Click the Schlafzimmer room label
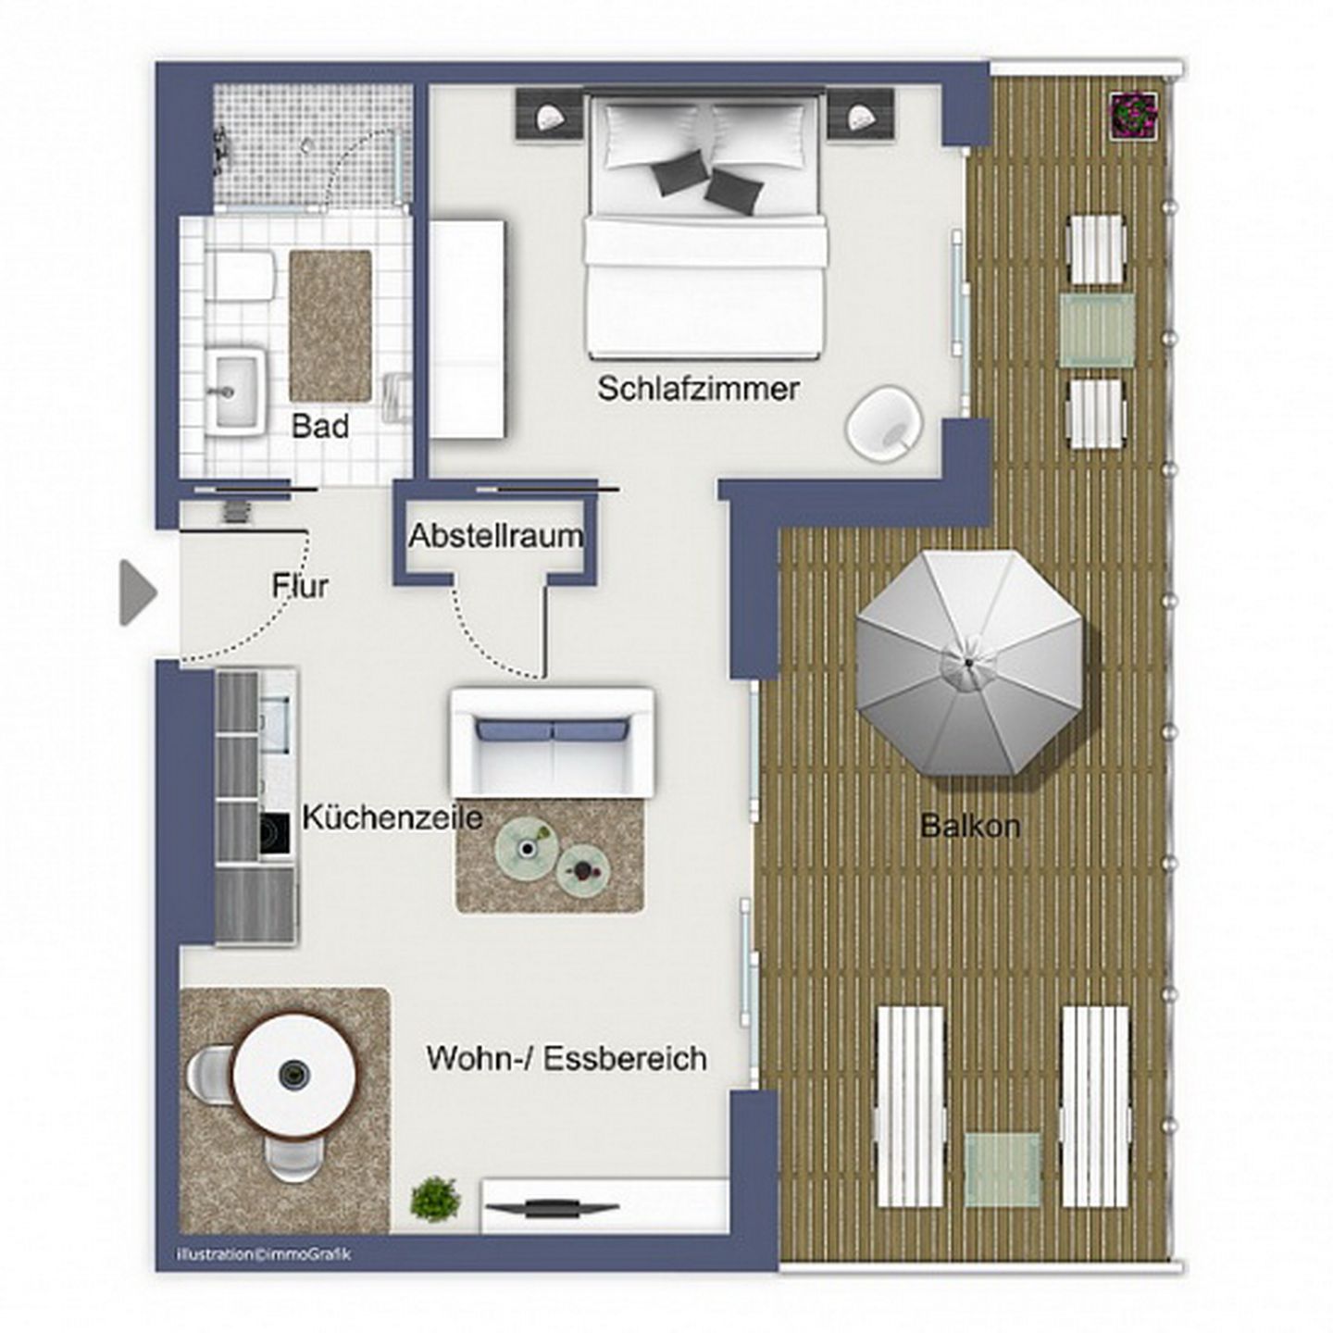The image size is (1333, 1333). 697,389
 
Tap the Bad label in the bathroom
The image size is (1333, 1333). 320,427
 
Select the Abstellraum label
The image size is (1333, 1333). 496,536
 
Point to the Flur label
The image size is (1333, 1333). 300,586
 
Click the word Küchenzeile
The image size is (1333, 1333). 392,818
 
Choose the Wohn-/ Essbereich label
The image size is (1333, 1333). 567,1058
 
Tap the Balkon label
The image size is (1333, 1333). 969,826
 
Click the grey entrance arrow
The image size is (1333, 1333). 138,592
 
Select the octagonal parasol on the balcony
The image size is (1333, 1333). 968,663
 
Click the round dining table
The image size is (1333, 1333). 293,1074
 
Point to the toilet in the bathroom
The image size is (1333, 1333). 240,276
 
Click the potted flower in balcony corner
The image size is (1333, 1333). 1134,115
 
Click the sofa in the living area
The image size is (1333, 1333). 552,740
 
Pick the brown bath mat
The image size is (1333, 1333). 330,324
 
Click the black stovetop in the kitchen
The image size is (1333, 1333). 275,833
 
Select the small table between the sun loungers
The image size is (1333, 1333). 1003,1168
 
